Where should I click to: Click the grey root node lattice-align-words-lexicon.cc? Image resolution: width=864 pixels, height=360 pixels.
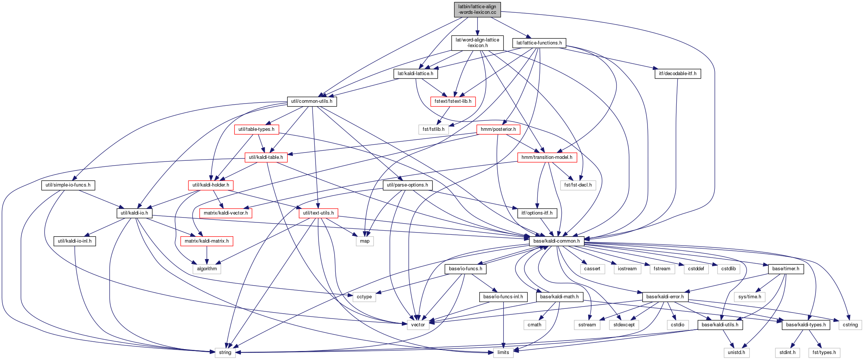click(x=477, y=9)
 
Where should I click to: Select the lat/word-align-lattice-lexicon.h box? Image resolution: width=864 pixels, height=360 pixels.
click(x=477, y=43)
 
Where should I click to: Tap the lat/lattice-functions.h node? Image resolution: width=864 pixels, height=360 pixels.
click(x=539, y=43)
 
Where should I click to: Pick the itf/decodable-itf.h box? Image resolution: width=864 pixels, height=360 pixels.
click(x=677, y=74)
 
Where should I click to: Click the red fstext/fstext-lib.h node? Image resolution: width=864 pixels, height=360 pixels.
click(x=453, y=101)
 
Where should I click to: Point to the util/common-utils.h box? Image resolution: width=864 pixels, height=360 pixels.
click(x=312, y=101)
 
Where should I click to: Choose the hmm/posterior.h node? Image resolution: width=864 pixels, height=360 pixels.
click(x=498, y=129)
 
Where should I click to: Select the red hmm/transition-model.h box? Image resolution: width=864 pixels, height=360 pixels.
click(x=547, y=157)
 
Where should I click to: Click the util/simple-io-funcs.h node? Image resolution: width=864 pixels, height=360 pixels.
click(x=68, y=185)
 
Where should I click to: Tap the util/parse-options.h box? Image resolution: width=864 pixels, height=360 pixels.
click(x=408, y=185)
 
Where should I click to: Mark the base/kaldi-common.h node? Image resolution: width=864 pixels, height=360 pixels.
click(x=557, y=241)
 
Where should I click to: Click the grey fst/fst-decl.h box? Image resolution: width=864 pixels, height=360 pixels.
click(x=578, y=185)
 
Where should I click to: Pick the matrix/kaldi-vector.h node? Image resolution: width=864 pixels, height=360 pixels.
click(x=226, y=213)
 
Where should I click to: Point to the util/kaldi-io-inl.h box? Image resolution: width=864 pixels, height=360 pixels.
click(x=75, y=241)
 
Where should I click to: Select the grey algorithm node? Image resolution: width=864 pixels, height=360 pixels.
click(x=207, y=269)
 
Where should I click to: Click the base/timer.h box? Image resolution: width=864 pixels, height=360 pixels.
click(x=786, y=269)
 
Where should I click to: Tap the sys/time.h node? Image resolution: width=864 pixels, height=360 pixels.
click(x=750, y=297)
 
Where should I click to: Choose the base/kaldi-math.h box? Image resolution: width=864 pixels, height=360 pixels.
click(x=559, y=297)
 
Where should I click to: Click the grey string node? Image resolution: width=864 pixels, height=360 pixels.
click(x=225, y=353)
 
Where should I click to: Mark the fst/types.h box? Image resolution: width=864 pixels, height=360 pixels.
click(x=824, y=353)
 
